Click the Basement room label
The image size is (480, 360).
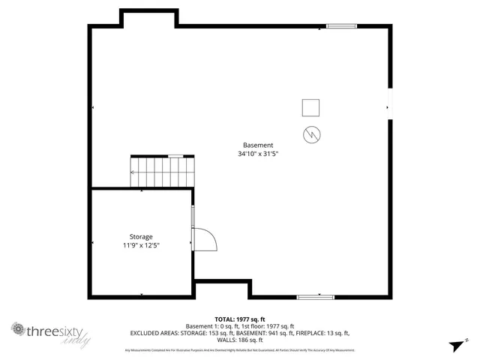click(x=258, y=145)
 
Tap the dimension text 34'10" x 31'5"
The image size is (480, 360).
click(x=258, y=154)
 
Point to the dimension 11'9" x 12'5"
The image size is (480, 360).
click(x=142, y=245)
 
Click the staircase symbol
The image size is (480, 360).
click(x=163, y=172)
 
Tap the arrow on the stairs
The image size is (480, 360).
click(x=133, y=172)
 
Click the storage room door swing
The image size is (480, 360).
click(x=205, y=238)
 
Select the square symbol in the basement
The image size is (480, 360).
click(x=311, y=109)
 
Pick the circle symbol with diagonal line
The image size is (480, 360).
click(x=311, y=134)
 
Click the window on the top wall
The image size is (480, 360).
click(x=340, y=27)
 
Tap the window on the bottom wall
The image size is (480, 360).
click(x=314, y=297)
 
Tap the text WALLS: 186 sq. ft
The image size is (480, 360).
click(x=239, y=340)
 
